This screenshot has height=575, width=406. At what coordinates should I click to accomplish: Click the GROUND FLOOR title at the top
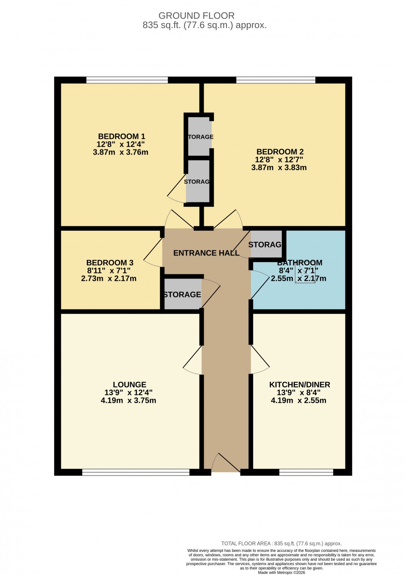coord(196,16)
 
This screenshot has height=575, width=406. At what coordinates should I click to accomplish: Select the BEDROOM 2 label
coord(280,152)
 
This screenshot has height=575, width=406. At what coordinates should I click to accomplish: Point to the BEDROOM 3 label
coord(109,263)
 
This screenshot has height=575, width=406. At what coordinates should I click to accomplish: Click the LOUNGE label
coord(129,385)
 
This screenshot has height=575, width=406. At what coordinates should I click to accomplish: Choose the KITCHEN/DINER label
coord(299,385)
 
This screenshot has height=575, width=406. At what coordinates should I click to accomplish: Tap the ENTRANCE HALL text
coord(206,253)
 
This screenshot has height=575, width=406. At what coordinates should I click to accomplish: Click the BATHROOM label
coord(299,263)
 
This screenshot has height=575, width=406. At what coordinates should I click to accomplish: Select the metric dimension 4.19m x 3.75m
coord(128,400)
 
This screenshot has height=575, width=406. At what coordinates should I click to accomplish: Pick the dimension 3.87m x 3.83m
coord(279,168)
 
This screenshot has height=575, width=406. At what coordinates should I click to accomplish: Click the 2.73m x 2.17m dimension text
coord(109,279)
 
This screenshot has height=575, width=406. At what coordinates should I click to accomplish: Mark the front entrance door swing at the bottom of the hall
coord(225,463)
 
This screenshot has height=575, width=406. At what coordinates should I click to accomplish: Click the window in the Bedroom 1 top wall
coord(127,80)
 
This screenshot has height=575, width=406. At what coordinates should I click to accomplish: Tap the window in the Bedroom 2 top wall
coord(275,80)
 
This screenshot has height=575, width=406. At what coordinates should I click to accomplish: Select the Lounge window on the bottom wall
coord(136,473)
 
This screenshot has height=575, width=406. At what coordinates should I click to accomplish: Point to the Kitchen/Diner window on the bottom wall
coord(306,473)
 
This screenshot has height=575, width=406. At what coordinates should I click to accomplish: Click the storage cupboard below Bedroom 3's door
coord(182,294)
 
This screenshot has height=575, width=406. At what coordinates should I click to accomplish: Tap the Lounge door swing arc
coord(193,361)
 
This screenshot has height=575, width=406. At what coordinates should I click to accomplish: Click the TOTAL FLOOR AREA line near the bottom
coord(281,544)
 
